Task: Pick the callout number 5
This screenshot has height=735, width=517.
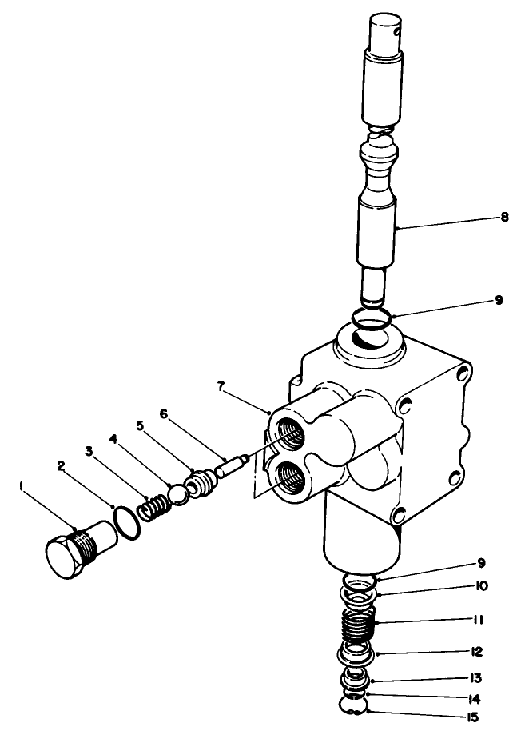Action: (141, 427)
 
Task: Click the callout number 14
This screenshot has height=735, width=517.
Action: (475, 698)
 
